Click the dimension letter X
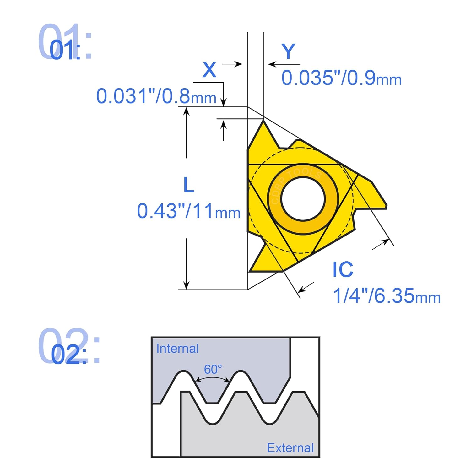tap(209, 70)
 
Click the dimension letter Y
tap(288, 51)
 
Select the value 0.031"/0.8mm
tap(156, 96)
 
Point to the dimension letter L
tap(189, 185)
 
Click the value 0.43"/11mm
tap(188, 211)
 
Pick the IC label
tap(343, 269)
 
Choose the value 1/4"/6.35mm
tap(386, 296)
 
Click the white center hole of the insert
tap(303, 199)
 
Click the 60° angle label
tap(213, 369)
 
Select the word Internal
tap(177, 349)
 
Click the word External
tap(290, 448)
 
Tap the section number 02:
tap(68, 355)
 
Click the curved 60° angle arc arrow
tap(212, 378)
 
